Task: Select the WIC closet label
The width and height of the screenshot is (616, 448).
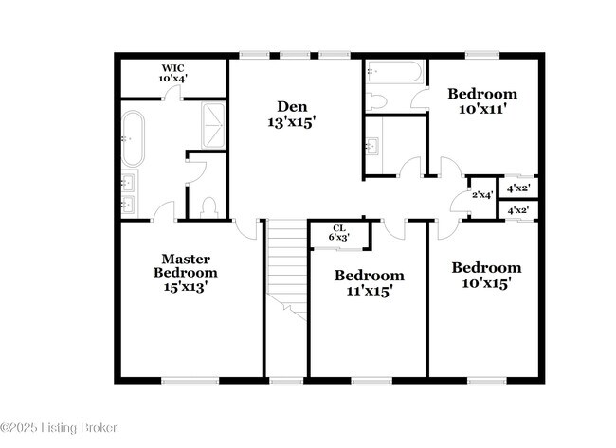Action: coord(172,74)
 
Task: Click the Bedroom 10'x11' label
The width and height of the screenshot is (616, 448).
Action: coord(482,101)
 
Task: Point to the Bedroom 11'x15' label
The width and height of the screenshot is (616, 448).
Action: coord(370,283)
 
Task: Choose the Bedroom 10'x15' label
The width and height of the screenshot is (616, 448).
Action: coord(486,275)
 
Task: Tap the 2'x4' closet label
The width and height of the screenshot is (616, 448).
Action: coord(482,195)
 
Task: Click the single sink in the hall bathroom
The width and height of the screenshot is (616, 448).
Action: coord(372,146)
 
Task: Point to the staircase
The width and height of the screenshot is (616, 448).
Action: coord(286,265)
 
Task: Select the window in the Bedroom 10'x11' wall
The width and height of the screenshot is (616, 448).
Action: coord(482,55)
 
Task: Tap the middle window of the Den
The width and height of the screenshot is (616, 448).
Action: coord(294,55)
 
